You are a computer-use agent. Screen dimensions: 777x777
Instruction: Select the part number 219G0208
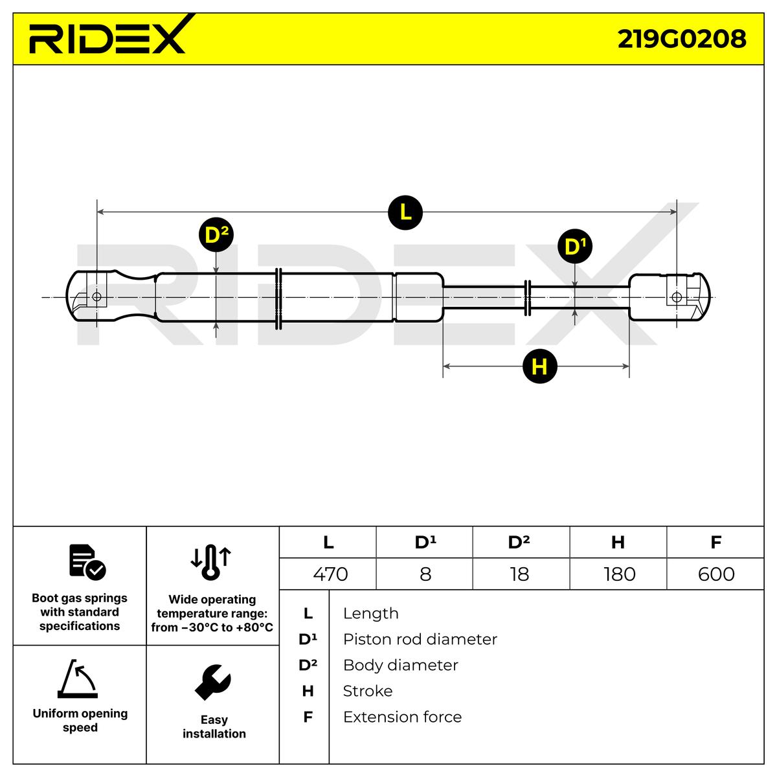682,39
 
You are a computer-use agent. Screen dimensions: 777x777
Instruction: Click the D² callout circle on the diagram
216,234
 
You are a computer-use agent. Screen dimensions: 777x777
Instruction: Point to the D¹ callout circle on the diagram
575,247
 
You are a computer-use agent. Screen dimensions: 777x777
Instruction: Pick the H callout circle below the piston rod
539,366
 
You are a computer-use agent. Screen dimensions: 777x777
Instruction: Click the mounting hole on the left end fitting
96,297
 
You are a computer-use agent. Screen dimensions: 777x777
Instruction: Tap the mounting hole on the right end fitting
677,297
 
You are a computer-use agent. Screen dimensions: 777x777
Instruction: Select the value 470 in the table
330,574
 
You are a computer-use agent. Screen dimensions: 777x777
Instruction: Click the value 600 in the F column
716,574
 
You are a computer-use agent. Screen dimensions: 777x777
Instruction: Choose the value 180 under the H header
619,574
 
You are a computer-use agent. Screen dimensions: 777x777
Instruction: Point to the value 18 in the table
519,574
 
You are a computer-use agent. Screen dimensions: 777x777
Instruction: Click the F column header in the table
715,542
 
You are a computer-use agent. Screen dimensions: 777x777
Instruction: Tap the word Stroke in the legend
367,691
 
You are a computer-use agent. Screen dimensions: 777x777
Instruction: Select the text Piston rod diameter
420,639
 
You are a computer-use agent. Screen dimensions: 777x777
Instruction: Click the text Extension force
402,717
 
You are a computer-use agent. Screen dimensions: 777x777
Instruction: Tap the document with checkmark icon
87,561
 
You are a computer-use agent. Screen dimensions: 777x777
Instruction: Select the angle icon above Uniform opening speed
78,679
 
